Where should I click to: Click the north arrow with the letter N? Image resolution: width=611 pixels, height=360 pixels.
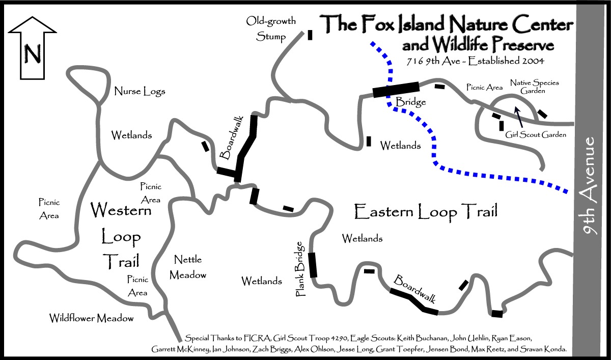click(32, 48)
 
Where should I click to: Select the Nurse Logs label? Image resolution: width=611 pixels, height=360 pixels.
click(140, 92)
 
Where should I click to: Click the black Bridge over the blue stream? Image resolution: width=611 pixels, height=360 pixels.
click(396, 90)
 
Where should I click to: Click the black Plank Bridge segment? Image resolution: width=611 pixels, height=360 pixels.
click(313, 265)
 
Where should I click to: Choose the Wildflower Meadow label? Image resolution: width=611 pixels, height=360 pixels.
click(92, 318)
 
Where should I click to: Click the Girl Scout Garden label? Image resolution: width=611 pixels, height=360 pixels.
click(536, 135)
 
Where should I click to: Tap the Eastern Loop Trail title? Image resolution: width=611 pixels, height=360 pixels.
click(426, 210)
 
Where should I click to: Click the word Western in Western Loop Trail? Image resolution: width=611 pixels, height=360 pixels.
click(120, 209)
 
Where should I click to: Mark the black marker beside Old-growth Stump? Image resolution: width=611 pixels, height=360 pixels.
click(310, 35)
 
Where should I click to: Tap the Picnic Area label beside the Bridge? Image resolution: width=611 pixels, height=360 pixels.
click(484, 88)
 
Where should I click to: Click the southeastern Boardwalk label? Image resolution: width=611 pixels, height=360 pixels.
click(415, 289)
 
